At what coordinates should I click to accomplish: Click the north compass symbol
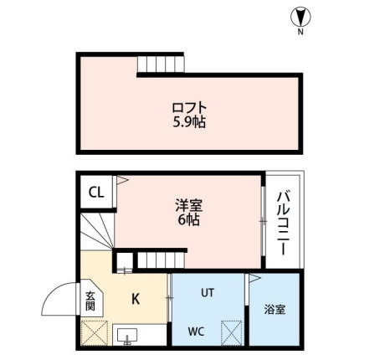click(x=299, y=15)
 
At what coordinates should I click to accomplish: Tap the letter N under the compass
click(x=300, y=33)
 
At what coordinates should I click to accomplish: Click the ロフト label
click(x=188, y=107)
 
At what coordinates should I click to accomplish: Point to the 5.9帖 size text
click(x=188, y=122)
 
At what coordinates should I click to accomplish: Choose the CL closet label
click(x=96, y=192)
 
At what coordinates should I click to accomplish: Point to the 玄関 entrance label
click(x=90, y=301)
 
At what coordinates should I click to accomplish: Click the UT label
click(x=208, y=293)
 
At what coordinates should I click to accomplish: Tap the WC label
click(x=195, y=332)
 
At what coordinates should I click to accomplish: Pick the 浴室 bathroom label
click(x=274, y=309)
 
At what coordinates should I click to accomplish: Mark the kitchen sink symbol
click(x=128, y=336)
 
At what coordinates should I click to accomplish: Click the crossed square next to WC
click(x=232, y=333)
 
